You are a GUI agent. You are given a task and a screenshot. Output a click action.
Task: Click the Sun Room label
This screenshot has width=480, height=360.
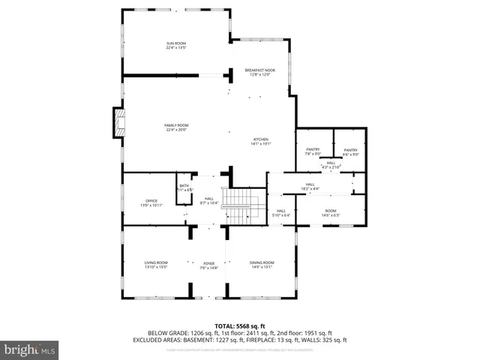pyautogui.click(x=175, y=46)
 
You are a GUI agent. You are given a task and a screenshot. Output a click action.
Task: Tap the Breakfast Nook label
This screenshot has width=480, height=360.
pyautogui.click(x=260, y=72)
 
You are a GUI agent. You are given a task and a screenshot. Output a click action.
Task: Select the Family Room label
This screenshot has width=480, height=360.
pyautogui.click(x=176, y=127)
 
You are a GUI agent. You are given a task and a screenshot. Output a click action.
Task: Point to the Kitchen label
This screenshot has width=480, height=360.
pyautogui.click(x=260, y=141)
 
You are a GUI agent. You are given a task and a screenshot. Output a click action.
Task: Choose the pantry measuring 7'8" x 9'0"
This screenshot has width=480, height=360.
pyautogui.click(x=313, y=151)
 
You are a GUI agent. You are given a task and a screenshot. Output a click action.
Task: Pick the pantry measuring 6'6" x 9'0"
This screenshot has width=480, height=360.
pyautogui.click(x=350, y=151)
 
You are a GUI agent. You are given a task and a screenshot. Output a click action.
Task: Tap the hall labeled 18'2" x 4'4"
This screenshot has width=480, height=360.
pyautogui.click(x=310, y=185)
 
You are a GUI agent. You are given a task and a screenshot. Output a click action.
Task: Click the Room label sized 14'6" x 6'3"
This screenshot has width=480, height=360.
pyautogui.click(x=331, y=213)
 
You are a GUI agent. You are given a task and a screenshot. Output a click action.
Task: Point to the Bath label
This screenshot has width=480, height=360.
pyautogui.click(x=184, y=187)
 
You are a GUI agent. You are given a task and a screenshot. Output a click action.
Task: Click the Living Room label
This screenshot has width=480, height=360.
pyautogui.click(x=156, y=264)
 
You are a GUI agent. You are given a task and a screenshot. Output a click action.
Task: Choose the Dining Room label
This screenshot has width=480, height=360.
pyautogui.click(x=262, y=264)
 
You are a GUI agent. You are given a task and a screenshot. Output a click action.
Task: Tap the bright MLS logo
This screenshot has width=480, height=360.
pyautogui.click(x=30, y=349)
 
